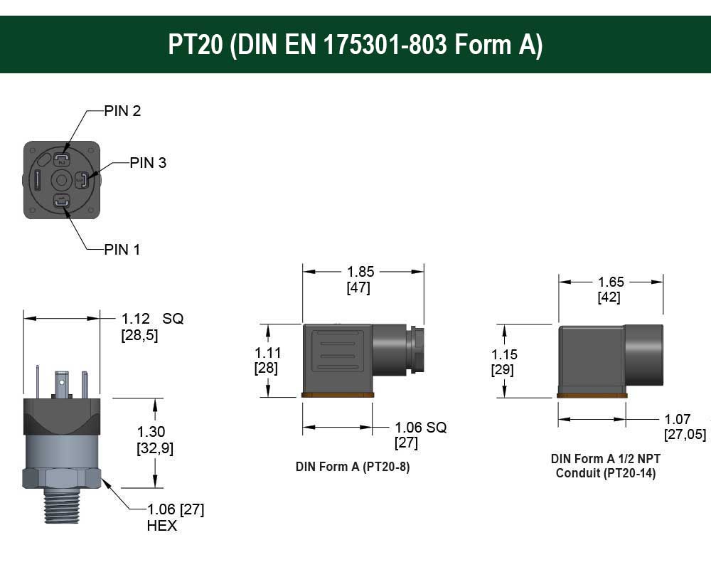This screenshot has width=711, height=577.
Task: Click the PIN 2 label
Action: pyautogui.click(x=122, y=111)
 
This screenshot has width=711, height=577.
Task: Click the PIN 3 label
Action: pyautogui.click(x=148, y=163)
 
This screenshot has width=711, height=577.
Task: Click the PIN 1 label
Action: pyautogui.click(x=122, y=250)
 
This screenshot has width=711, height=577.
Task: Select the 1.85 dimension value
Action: pyautogui.click(x=360, y=272)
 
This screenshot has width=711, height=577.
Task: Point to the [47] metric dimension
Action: pyautogui.click(x=358, y=288)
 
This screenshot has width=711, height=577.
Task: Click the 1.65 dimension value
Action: pyautogui.click(x=611, y=282)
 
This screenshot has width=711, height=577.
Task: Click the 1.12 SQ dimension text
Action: pyautogui.click(x=152, y=319)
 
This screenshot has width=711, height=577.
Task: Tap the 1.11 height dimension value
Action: pyautogui.click(x=268, y=353)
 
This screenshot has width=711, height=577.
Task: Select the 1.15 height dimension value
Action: pyautogui.click(x=504, y=354)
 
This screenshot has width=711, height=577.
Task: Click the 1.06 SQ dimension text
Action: pyautogui.click(x=420, y=428)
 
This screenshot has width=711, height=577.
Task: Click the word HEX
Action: pyautogui.click(x=161, y=526)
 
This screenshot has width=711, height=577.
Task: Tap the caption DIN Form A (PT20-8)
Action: pyautogui.click(x=353, y=467)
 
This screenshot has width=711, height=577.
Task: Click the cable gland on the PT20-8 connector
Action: pyautogui.click(x=416, y=351)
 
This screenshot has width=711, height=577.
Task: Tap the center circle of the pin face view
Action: pyautogui.click(x=62, y=181)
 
